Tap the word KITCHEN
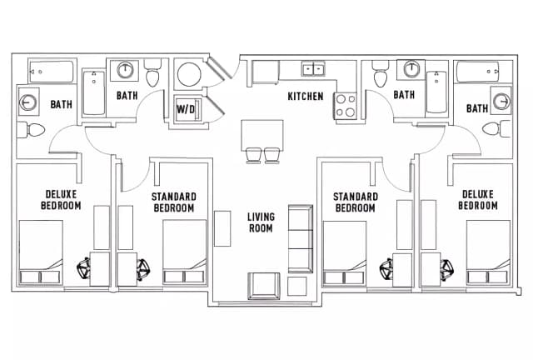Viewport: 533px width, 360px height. click(306, 97)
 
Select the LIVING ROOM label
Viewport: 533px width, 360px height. click(261, 222)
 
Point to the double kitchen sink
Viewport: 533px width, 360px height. click(313, 69)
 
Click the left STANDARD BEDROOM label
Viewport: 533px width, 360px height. click(174, 202)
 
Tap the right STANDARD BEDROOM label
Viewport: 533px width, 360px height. click(356, 202)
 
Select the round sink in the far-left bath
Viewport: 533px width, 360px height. click(28, 102)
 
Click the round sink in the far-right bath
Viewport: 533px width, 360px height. click(501, 102)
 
